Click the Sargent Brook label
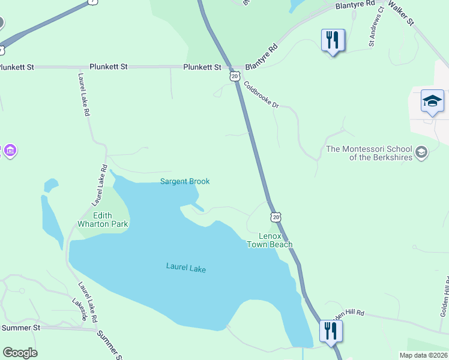pyautogui.click(x=184, y=182)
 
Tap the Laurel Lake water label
pyautogui.click(x=185, y=268)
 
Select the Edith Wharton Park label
pyautogui.click(x=103, y=220)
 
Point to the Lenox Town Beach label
pyautogui.click(x=270, y=240)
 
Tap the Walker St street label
pyautogui.click(x=400, y=12)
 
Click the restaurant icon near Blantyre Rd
pyautogui.click(x=333, y=41)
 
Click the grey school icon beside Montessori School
pyautogui.click(x=421, y=152)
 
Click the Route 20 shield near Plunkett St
pyautogui.click(x=235, y=76)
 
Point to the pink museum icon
pyautogui.click(x=10, y=151)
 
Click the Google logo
pyautogui.click(x=19, y=353)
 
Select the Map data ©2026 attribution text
pyautogui.click(x=423, y=355)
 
